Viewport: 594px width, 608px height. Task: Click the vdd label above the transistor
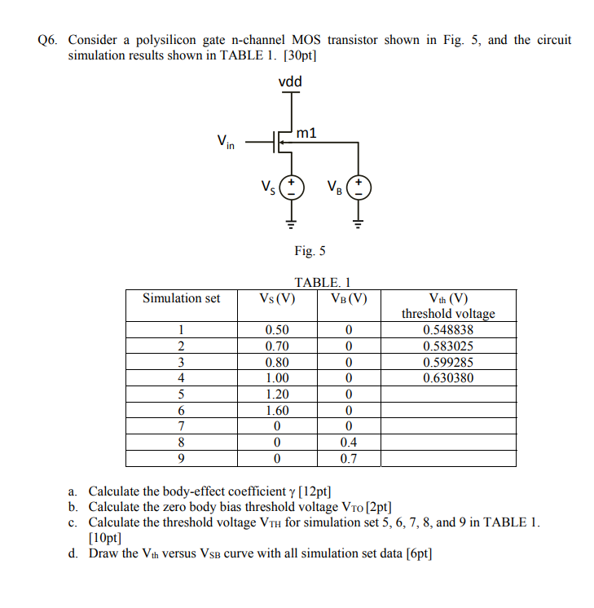[290, 82]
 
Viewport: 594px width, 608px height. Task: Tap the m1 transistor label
[307, 133]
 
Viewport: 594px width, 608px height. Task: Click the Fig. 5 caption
[309, 251]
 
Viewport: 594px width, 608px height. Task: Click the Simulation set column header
[181, 298]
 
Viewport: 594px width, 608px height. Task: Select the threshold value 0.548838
[448, 330]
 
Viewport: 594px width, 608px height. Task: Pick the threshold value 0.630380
[448, 378]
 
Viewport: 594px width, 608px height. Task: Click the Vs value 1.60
[277, 411]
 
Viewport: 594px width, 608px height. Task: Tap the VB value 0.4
[348, 443]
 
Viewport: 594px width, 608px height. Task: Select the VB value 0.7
[348, 459]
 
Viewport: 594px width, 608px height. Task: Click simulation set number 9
[181, 459]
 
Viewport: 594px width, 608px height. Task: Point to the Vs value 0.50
[277, 330]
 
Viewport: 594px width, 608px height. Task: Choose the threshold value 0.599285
[448, 362]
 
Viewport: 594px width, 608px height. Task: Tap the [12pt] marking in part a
[315, 491]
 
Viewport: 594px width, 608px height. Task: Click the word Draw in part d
[103, 554]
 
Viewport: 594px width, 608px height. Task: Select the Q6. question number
[50, 40]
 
